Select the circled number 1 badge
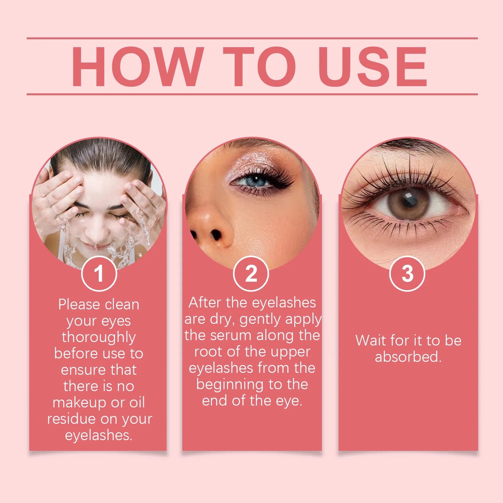[x=99, y=274]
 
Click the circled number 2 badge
[x=251, y=274]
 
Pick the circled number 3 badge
[x=407, y=274]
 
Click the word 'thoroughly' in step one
[x=99, y=338]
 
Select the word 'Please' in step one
[x=79, y=305]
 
